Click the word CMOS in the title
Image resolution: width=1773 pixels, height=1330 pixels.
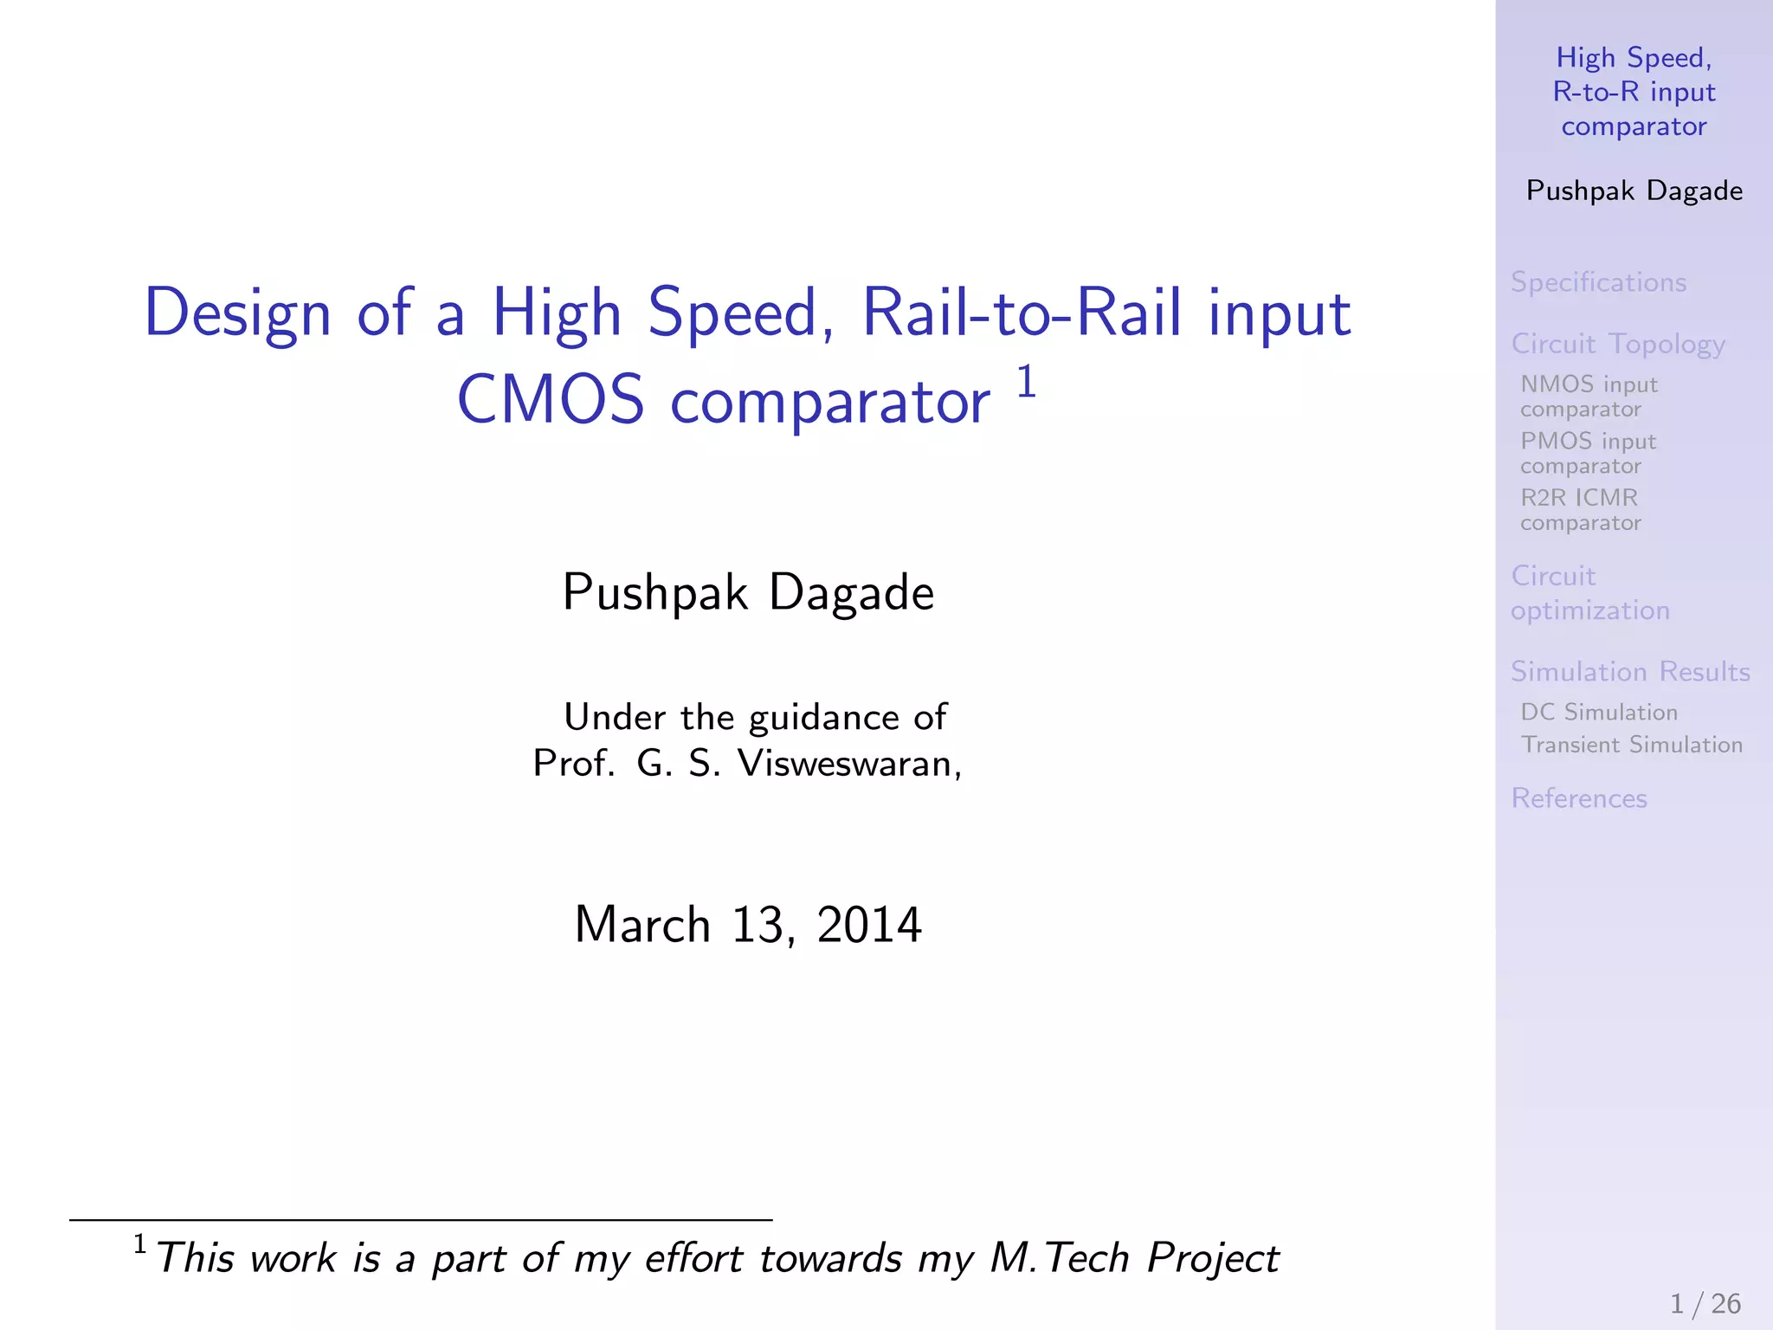pos(551,401)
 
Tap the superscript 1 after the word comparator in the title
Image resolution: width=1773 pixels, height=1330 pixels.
pos(1026,381)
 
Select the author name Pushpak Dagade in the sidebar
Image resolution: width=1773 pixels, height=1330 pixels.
pos(1634,190)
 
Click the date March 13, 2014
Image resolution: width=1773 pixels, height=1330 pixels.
pos(748,925)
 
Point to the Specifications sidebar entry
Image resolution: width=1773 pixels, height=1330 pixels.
pos(1598,282)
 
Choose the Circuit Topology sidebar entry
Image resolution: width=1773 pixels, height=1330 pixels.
pos(1617,344)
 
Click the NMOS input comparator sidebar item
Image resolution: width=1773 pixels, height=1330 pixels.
pos(1589,396)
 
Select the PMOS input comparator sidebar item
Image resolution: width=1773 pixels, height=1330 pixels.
pos(1588,453)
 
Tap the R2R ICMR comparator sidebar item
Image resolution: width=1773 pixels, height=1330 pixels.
pos(1580,509)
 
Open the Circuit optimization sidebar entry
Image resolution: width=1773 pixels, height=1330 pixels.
pos(1589,593)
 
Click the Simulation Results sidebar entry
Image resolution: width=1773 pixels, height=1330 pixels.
pos(1630,672)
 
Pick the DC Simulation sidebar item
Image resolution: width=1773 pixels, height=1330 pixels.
pos(1599,712)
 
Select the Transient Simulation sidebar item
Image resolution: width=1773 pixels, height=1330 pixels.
pos(1631,745)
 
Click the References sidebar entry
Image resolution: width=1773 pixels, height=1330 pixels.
pos(1578,798)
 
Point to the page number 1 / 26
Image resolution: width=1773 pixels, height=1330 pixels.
pos(1705,1303)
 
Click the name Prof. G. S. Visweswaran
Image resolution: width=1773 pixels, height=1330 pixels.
pos(746,764)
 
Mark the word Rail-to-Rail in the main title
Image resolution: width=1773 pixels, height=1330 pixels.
pos(1022,313)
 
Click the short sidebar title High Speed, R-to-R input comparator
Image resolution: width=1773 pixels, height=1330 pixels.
pos(1634,92)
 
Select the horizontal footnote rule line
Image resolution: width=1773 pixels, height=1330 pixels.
pos(421,1220)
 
